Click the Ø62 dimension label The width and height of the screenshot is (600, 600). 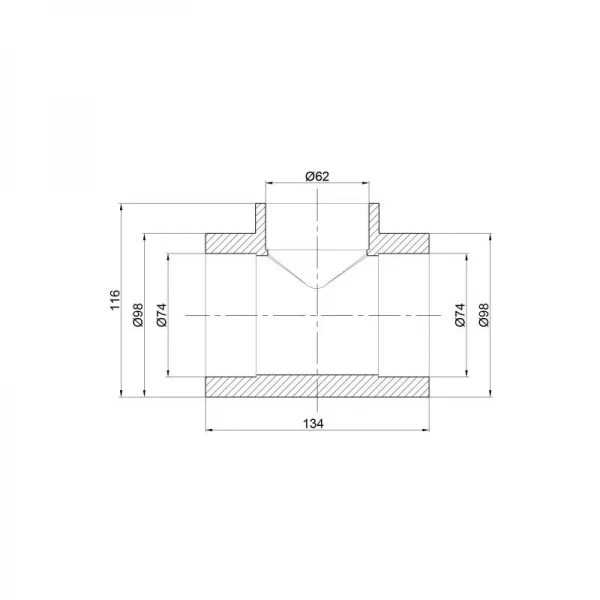coord(317,176)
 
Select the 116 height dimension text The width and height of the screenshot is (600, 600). coord(114,300)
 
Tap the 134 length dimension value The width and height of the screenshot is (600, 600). coord(317,423)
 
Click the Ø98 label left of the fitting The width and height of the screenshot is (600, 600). coord(138,314)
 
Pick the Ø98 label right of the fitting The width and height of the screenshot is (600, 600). coord(484,314)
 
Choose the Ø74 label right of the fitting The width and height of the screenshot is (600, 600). coord(460,314)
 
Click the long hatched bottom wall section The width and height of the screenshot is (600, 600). coord(317,385)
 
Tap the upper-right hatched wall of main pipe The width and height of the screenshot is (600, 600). coord(404,243)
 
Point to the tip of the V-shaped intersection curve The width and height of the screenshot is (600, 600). coord(317,288)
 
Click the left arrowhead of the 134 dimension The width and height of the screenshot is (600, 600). coord(208,430)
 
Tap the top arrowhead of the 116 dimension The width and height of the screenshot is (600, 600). coord(121,207)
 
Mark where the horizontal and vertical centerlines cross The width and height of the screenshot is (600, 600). coord(317,314)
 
